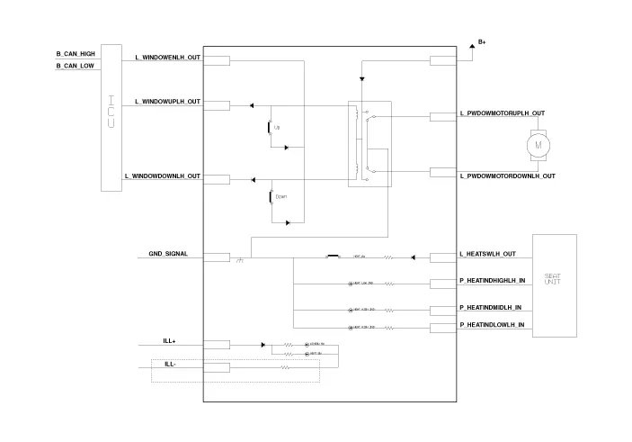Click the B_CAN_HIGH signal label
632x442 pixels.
(76, 54)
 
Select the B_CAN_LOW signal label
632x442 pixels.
(76, 66)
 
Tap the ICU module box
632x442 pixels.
(111, 117)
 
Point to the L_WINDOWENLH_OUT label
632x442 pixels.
(167, 57)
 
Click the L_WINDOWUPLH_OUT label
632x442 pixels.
(167, 102)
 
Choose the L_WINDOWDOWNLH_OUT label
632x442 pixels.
(162, 176)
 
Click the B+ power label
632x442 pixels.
(482, 42)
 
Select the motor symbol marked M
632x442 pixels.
(539, 143)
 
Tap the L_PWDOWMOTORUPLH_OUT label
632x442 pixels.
(502, 113)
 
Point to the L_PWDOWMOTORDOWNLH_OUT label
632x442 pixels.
(507, 176)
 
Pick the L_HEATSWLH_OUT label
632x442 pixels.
(487, 254)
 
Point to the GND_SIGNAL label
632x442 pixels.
(168, 254)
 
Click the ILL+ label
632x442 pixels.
(169, 341)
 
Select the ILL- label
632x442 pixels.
(169, 364)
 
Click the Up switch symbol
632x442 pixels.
(271, 129)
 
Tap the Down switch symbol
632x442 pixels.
(271, 196)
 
